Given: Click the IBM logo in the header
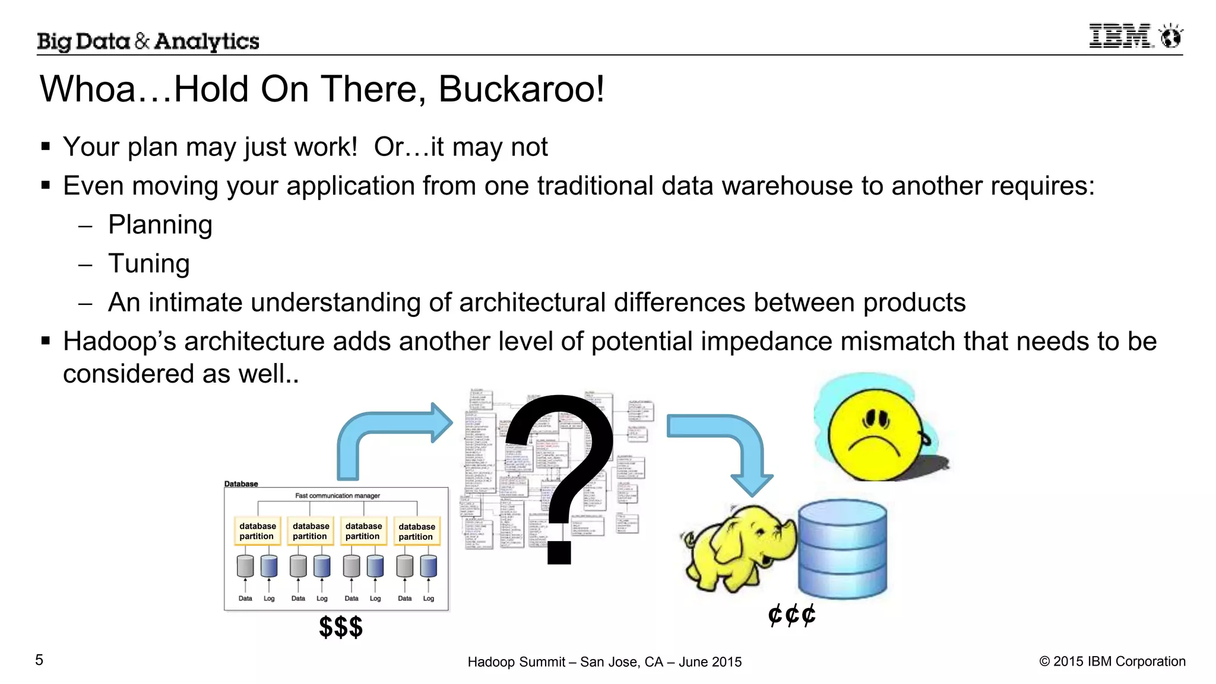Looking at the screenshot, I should pos(1135,36).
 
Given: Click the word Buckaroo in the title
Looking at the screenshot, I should pos(521,90).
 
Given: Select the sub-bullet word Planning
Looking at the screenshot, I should pos(160,225).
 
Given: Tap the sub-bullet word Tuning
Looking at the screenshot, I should pos(148,264).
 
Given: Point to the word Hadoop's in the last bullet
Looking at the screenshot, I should pos(119,342).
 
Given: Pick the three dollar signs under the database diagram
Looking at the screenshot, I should pos(340,627).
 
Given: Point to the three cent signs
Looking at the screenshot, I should pos(791,615).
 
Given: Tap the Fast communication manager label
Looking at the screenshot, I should pos(337,495).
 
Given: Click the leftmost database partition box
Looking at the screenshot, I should pos(257,531).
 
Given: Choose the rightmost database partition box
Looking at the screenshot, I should pos(416,532).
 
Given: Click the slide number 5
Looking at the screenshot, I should pos(39,660).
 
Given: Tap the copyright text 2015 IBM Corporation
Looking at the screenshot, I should pos(1112,661).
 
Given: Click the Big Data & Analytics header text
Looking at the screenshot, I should pos(148,41).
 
